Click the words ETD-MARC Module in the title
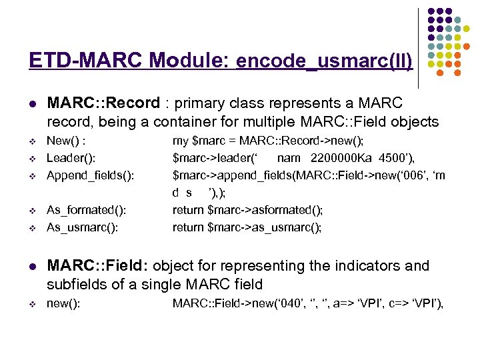(129, 61)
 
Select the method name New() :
(69, 141)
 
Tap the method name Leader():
(71, 158)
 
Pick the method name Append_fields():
(90, 175)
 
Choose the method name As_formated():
(87, 210)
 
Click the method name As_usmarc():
(83, 227)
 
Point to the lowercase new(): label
(63, 304)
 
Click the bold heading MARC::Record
(103, 103)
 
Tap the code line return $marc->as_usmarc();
(247, 227)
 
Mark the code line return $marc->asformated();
(247, 210)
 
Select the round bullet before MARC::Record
(31, 105)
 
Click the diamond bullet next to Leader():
(31, 159)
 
